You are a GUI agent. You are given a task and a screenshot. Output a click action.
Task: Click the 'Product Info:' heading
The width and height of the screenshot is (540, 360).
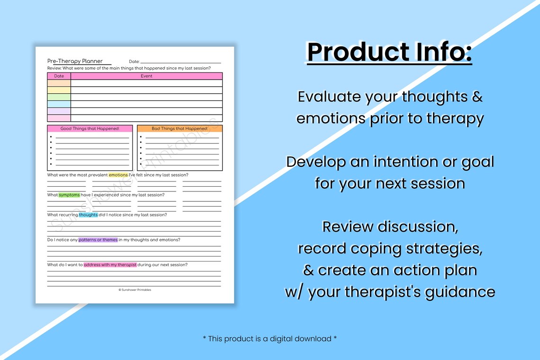pos(389,52)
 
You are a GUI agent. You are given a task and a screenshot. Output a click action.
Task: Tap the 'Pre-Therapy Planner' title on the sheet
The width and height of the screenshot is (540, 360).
pos(75,61)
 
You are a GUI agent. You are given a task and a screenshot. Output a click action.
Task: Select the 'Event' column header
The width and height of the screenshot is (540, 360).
pos(146,76)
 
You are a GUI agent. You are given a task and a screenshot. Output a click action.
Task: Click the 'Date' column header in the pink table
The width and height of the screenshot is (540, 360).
pos(59,76)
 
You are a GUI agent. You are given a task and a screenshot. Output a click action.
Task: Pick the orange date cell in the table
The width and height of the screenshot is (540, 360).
pos(59,83)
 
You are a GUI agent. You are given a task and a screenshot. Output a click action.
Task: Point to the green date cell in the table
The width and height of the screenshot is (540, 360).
pos(59,97)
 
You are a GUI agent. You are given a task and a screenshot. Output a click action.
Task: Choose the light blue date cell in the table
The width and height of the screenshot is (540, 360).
pos(59,104)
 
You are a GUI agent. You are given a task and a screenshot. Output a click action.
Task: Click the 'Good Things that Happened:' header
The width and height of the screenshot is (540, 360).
pos(90,128)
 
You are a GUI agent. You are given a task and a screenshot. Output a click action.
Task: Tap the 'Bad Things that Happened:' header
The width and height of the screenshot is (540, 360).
pos(180,128)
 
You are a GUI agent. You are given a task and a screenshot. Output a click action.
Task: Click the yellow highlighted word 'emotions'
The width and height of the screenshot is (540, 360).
pos(118,175)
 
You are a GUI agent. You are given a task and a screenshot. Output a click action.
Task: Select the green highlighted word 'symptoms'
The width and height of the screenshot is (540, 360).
pos(69,195)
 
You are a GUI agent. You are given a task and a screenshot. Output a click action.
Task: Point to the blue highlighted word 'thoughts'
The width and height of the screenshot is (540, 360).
pos(89,215)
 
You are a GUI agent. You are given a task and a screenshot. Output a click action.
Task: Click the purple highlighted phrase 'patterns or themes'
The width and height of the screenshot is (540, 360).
pos(98,240)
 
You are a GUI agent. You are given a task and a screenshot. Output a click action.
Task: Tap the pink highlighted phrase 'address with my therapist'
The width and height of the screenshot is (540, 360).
pos(110,265)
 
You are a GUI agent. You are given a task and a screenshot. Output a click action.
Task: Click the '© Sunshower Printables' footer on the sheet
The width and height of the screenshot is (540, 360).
pos(135,290)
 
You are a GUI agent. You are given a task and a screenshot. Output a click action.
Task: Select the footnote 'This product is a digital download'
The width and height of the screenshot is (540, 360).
pos(270,339)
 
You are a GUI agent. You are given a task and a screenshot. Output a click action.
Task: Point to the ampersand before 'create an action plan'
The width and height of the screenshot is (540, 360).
pos(308,270)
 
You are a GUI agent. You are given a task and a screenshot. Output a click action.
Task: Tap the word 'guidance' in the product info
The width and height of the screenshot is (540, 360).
pos(460,292)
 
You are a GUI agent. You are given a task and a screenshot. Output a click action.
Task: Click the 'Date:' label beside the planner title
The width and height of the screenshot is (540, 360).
pos(135,61)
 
